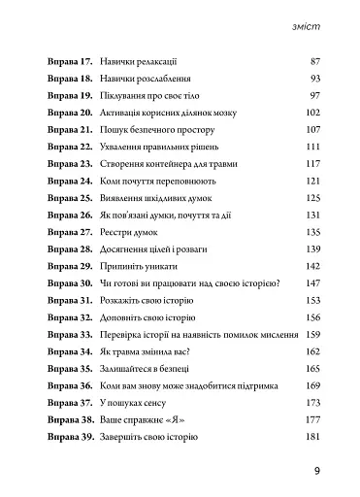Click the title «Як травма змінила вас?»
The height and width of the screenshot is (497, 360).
tap(148, 353)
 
